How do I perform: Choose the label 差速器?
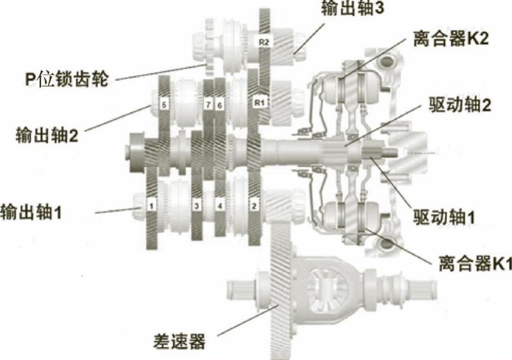[x=180, y=342]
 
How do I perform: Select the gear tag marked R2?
[x=263, y=42]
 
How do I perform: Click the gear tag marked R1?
[x=259, y=101]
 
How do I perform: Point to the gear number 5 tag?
[x=163, y=105]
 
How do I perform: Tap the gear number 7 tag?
[x=208, y=103]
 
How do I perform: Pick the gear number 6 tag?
[x=219, y=103]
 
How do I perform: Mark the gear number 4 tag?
[x=219, y=206]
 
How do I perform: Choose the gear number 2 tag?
[x=254, y=205]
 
